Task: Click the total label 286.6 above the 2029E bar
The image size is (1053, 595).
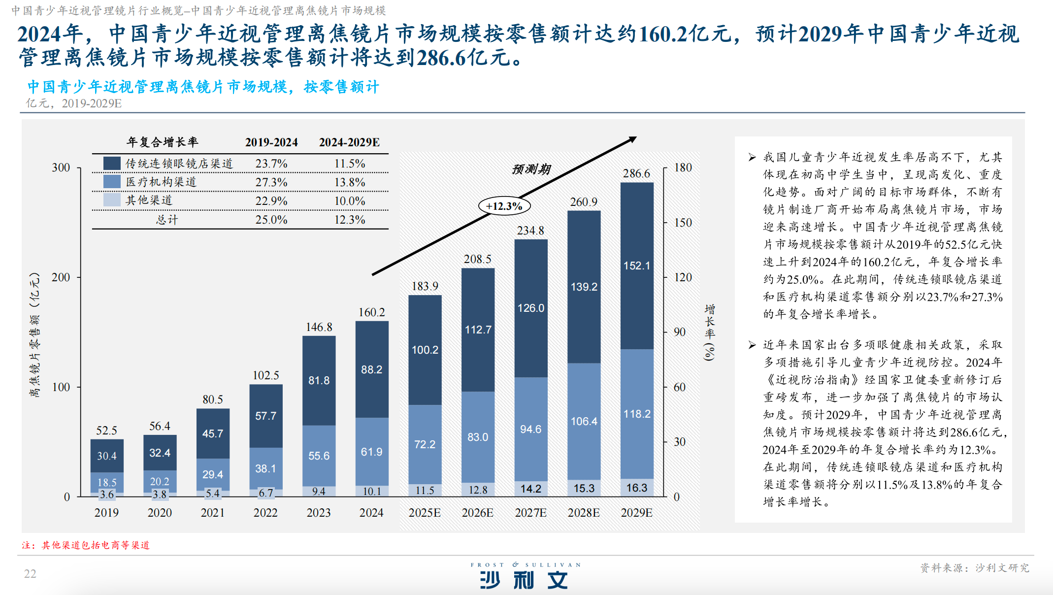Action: click(x=636, y=173)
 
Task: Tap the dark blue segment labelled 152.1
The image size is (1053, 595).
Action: click(x=637, y=265)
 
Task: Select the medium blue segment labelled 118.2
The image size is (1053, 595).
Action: click(x=637, y=414)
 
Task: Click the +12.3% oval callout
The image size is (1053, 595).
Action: click(x=504, y=206)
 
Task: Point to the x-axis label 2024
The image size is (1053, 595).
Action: click(x=371, y=513)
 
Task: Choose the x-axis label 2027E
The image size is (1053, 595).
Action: click(x=530, y=513)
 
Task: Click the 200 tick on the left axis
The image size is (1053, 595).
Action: click(x=61, y=277)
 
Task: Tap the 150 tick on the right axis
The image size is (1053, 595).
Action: click(x=683, y=223)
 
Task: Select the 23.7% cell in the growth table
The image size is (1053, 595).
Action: click(x=271, y=164)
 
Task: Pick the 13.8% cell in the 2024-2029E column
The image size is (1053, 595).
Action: click(x=350, y=182)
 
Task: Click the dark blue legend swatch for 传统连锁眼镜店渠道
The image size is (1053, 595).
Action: click(x=112, y=164)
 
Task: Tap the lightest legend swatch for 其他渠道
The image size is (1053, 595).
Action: click(x=112, y=200)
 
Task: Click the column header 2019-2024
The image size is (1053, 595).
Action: click(x=271, y=142)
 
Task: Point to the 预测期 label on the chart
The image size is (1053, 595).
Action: click(x=531, y=169)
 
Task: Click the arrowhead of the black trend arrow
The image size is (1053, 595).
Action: click(x=632, y=139)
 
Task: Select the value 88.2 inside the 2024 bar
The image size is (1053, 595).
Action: click(x=371, y=369)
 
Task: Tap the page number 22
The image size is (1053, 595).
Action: click(x=30, y=574)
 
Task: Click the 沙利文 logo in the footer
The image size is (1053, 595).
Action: click(x=525, y=580)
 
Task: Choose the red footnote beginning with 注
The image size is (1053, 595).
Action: click(x=85, y=545)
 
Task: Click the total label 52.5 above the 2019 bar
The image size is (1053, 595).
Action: click(x=106, y=430)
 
